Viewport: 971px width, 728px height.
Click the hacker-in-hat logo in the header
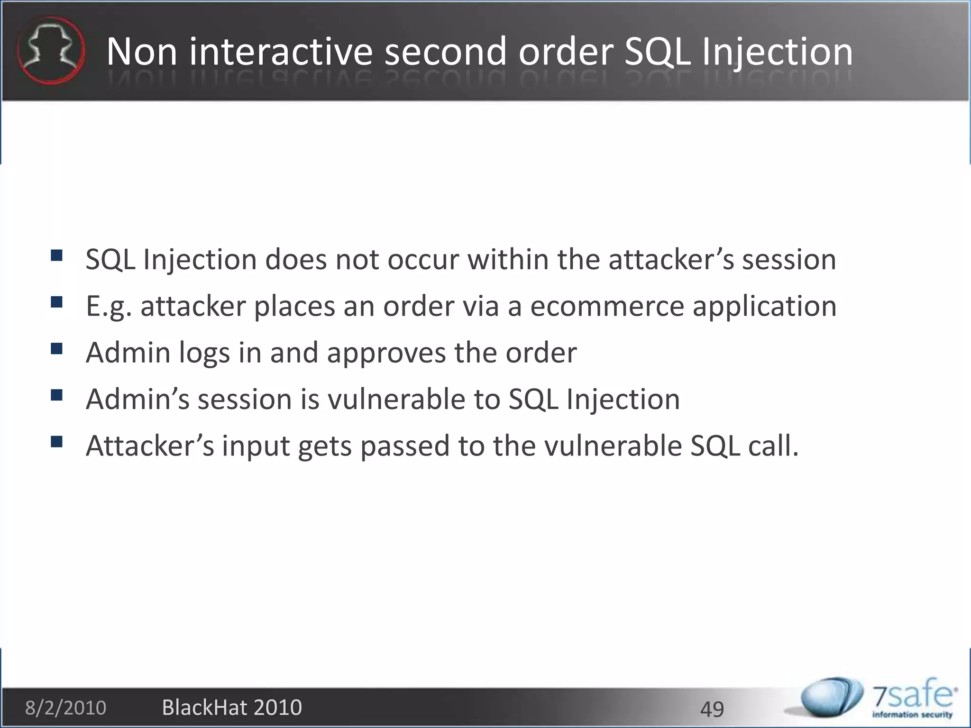click(x=51, y=50)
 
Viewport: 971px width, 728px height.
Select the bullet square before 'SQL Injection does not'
click(x=56, y=256)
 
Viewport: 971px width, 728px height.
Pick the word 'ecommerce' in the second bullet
click(x=607, y=306)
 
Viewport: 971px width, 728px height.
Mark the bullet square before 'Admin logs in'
click(x=56, y=349)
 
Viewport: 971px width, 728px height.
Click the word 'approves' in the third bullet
click(x=386, y=353)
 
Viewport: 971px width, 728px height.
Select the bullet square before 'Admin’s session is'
click(x=56, y=395)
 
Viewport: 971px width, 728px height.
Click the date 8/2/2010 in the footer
click(x=65, y=708)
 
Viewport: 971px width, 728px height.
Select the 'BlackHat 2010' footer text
click(x=232, y=707)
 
